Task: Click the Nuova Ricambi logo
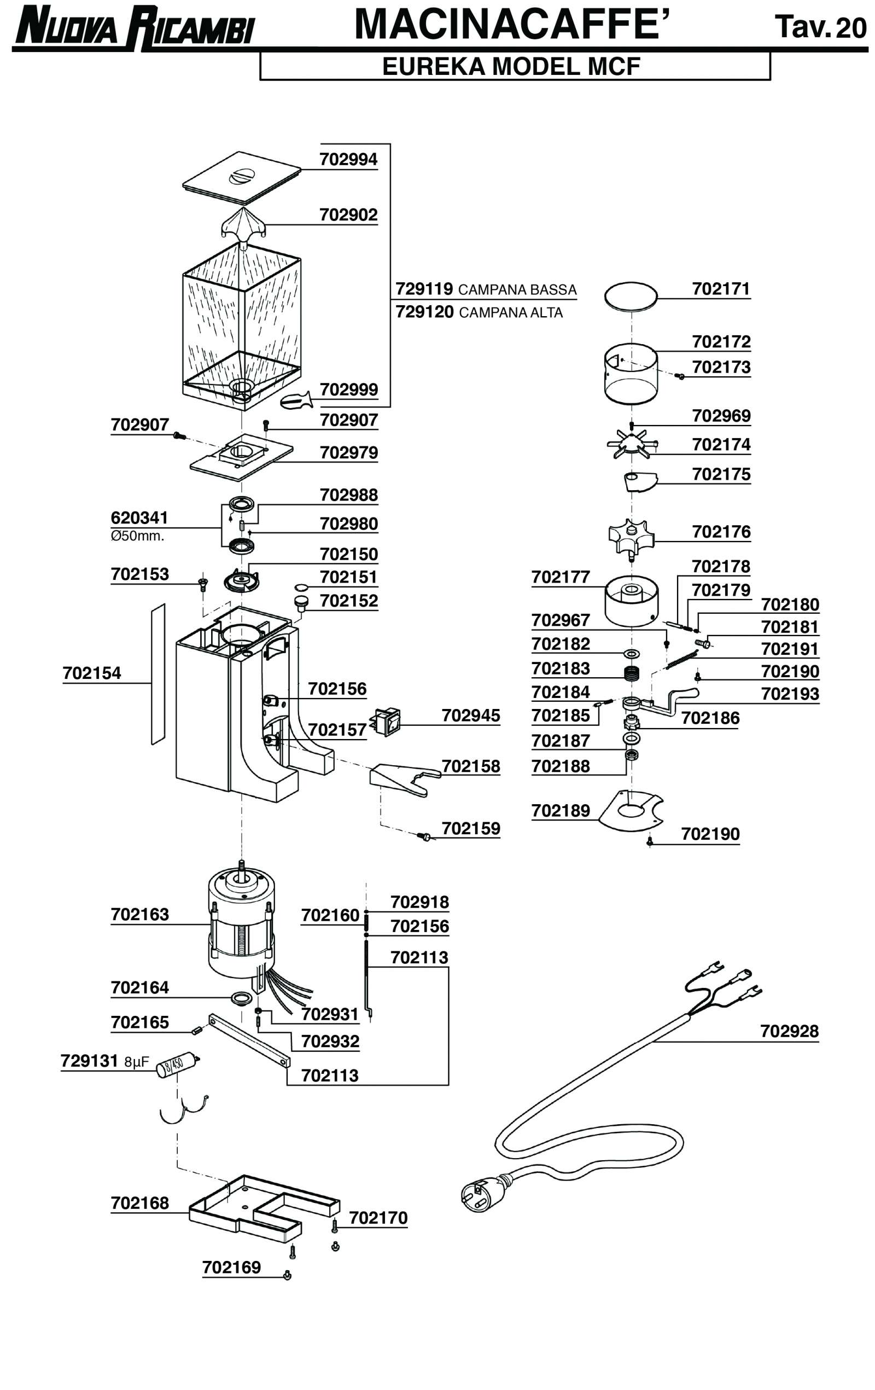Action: point(134,27)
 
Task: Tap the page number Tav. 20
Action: point(820,27)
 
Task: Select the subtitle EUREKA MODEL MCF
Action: point(511,66)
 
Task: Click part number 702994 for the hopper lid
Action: point(348,159)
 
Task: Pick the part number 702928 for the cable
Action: point(789,1031)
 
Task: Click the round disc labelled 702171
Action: point(631,296)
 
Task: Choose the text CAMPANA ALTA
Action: point(510,313)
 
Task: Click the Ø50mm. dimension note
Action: point(137,536)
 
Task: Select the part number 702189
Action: point(561,811)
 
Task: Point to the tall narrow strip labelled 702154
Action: point(158,674)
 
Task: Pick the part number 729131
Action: point(90,1061)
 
